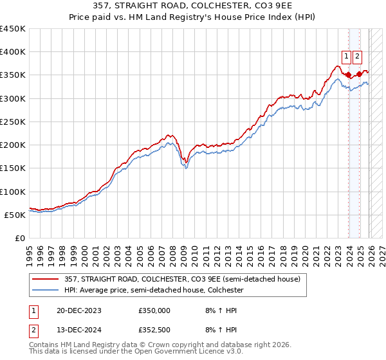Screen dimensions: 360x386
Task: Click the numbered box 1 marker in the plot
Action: (x=347, y=56)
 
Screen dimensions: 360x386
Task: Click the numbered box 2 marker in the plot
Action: (x=358, y=56)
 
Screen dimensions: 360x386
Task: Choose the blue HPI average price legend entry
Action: (x=152, y=291)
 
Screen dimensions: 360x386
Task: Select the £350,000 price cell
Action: (x=154, y=310)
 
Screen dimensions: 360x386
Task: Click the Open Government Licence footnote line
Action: (x=136, y=352)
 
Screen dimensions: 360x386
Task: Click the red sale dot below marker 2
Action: (x=359, y=74)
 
